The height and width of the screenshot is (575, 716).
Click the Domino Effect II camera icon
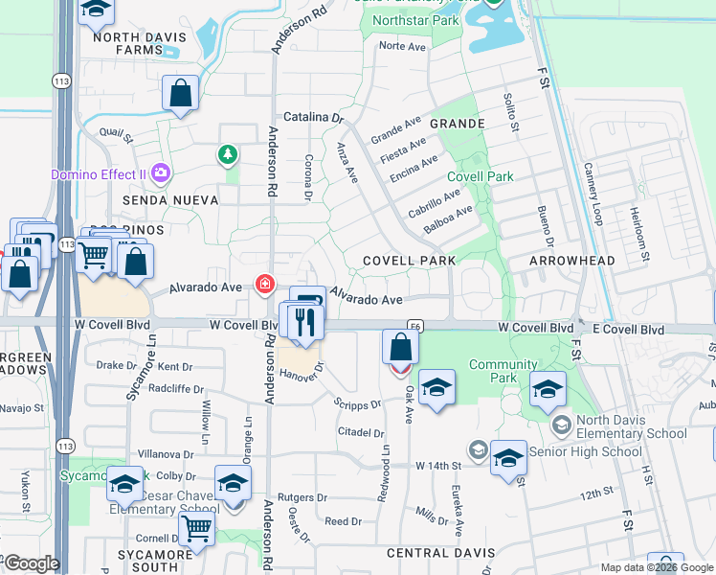pos(162,172)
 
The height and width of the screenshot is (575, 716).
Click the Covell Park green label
pos(481,176)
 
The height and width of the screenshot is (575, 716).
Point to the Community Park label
pos(503,371)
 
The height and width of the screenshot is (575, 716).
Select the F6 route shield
pos(415,326)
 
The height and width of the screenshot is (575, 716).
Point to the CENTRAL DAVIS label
pos(440,553)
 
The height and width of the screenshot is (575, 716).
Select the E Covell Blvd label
pos(627,329)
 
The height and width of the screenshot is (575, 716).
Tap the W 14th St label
pos(438,465)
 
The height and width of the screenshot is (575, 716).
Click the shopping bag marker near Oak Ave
pos(399,346)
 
